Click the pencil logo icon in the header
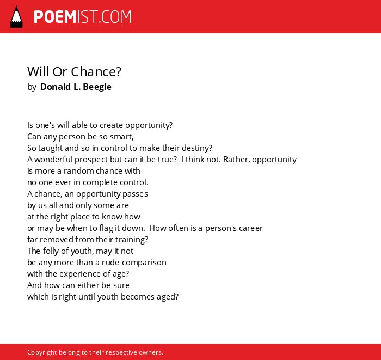point(16,17)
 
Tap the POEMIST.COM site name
point(83,17)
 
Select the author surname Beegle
point(97,87)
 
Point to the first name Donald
point(56,87)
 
